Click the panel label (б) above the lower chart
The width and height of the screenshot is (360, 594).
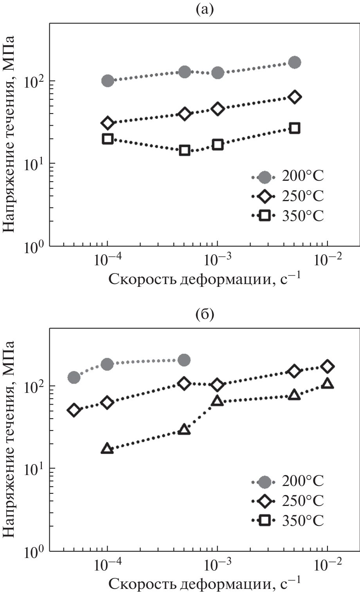(205, 315)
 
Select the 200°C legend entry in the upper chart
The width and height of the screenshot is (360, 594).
(288, 177)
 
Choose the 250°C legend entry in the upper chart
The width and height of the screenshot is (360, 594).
(288, 196)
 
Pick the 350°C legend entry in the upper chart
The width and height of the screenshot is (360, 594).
(288, 215)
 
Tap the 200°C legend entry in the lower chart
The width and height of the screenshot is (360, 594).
(288, 481)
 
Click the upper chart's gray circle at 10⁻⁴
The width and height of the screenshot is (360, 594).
(108, 81)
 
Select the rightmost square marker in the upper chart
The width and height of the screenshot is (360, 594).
(295, 128)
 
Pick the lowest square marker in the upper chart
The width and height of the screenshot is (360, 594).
(185, 150)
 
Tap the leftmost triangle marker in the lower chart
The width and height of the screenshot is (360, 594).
(107, 449)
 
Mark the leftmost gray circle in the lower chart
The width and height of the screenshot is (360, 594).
(74, 377)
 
